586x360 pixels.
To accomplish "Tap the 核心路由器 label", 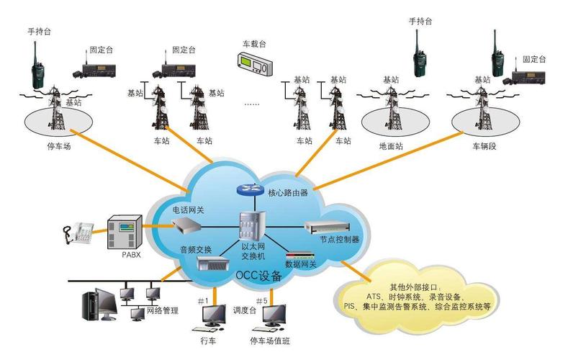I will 288,192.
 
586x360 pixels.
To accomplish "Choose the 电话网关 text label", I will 188,210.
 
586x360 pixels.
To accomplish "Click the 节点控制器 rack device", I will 328,227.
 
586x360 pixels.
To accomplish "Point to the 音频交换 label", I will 196,249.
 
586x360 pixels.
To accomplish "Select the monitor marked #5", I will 273,315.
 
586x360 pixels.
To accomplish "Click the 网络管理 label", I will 162,310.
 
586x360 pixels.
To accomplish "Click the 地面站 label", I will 391,146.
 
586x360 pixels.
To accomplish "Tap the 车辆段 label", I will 484,146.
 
